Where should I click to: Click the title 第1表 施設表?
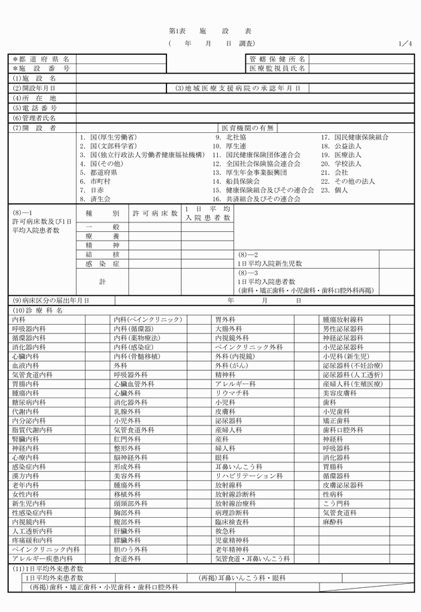[210, 31]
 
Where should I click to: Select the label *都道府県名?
[41, 59]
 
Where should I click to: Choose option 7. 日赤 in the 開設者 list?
[92, 190]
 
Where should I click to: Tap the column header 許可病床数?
[156, 214]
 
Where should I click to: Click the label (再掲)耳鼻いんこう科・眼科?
[243, 577]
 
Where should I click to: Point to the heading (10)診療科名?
[37, 311]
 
